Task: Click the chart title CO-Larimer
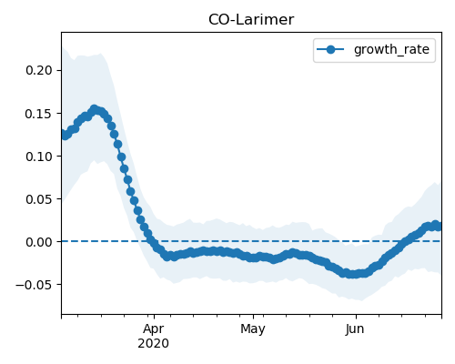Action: tap(251, 20)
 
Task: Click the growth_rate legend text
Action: tap(391, 50)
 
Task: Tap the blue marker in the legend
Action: tap(330, 49)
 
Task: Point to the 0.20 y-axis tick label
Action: tap(39, 70)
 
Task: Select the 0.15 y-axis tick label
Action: tap(39, 114)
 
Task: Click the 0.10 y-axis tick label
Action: tap(39, 157)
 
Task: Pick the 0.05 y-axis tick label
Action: tap(39, 199)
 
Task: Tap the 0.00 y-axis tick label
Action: tap(39, 242)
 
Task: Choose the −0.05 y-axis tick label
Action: tap(35, 285)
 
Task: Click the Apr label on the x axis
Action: tap(154, 329)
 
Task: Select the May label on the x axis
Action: tap(253, 329)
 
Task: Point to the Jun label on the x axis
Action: tap(355, 329)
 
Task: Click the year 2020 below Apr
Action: tap(154, 343)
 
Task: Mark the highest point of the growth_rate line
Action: tap(95, 109)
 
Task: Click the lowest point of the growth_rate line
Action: tap(353, 274)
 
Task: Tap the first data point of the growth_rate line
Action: tap(62, 134)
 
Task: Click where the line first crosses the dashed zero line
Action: tap(151, 241)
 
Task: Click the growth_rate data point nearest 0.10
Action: tap(121, 157)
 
